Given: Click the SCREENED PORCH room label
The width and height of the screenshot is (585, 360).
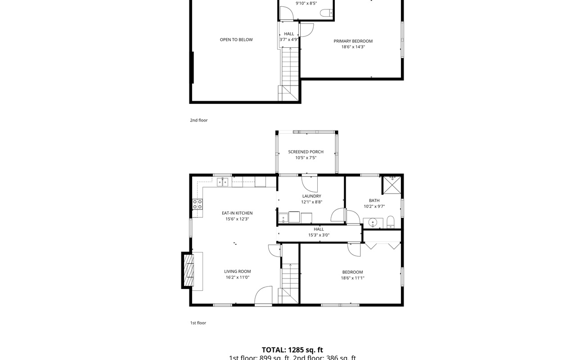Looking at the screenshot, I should [x=306, y=152].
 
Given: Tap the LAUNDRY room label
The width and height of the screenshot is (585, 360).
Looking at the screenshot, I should [x=311, y=196].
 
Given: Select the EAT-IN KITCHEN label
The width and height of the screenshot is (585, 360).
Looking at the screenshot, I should [x=237, y=213].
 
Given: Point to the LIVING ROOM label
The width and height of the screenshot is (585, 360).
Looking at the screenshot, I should [x=237, y=271].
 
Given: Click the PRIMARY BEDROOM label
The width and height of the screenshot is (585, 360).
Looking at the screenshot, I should [x=353, y=41].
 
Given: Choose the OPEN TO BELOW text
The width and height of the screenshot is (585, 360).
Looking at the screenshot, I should [x=236, y=40].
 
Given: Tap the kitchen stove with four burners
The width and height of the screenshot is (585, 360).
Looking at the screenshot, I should [x=198, y=204].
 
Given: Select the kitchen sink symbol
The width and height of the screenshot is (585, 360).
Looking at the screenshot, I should [x=222, y=182].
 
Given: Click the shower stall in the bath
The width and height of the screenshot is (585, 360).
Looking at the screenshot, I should [x=391, y=184].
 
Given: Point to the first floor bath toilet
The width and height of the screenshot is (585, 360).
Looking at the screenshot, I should [x=390, y=222].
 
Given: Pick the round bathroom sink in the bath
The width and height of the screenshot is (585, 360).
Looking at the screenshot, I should [x=373, y=222].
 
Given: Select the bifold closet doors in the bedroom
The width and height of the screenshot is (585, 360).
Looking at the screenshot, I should [x=382, y=246].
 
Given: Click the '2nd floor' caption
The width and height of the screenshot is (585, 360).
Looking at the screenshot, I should [x=198, y=120].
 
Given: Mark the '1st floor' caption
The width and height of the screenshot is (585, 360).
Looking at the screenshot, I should [x=198, y=323].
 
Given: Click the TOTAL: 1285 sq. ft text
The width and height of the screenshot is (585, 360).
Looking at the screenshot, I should [x=292, y=350].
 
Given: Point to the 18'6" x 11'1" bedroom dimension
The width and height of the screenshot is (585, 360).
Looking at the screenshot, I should [x=352, y=278].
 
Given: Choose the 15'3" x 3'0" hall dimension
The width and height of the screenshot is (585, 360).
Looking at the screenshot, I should [x=319, y=235].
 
